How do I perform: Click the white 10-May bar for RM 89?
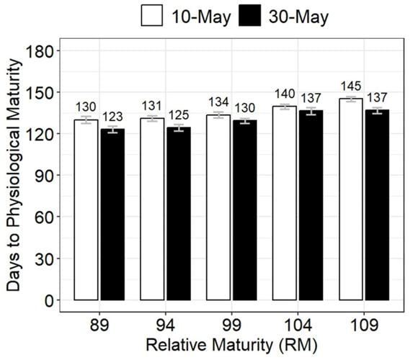click(x=86, y=210)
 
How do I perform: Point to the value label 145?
click(x=351, y=86)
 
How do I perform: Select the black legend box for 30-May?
click(x=252, y=17)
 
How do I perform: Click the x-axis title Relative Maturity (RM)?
click(x=231, y=346)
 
